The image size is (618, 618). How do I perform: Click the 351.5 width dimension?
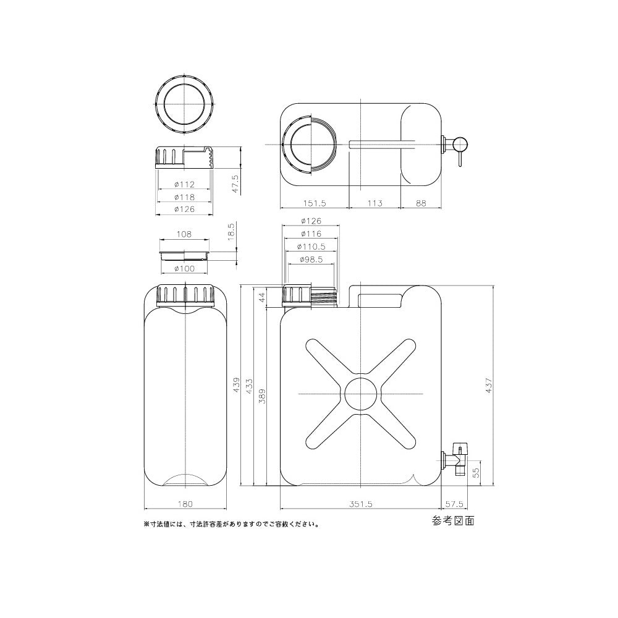click(361, 504)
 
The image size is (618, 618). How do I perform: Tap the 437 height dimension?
click(489, 386)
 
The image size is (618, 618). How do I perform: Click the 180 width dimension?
click(185, 504)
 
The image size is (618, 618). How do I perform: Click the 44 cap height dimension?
click(262, 297)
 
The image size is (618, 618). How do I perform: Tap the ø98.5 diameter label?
click(311, 260)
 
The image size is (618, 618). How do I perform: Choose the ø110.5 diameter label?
click(311, 246)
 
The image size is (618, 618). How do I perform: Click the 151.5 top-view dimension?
click(315, 203)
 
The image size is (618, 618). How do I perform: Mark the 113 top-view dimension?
click(375, 203)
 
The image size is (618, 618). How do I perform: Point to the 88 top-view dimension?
click(421, 203)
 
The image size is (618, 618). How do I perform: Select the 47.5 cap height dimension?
click(235, 185)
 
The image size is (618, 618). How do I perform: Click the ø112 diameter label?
click(184, 184)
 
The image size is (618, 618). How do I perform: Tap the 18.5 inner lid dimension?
click(231, 235)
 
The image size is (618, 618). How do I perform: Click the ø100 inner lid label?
click(184, 268)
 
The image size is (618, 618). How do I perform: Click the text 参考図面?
click(453, 521)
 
